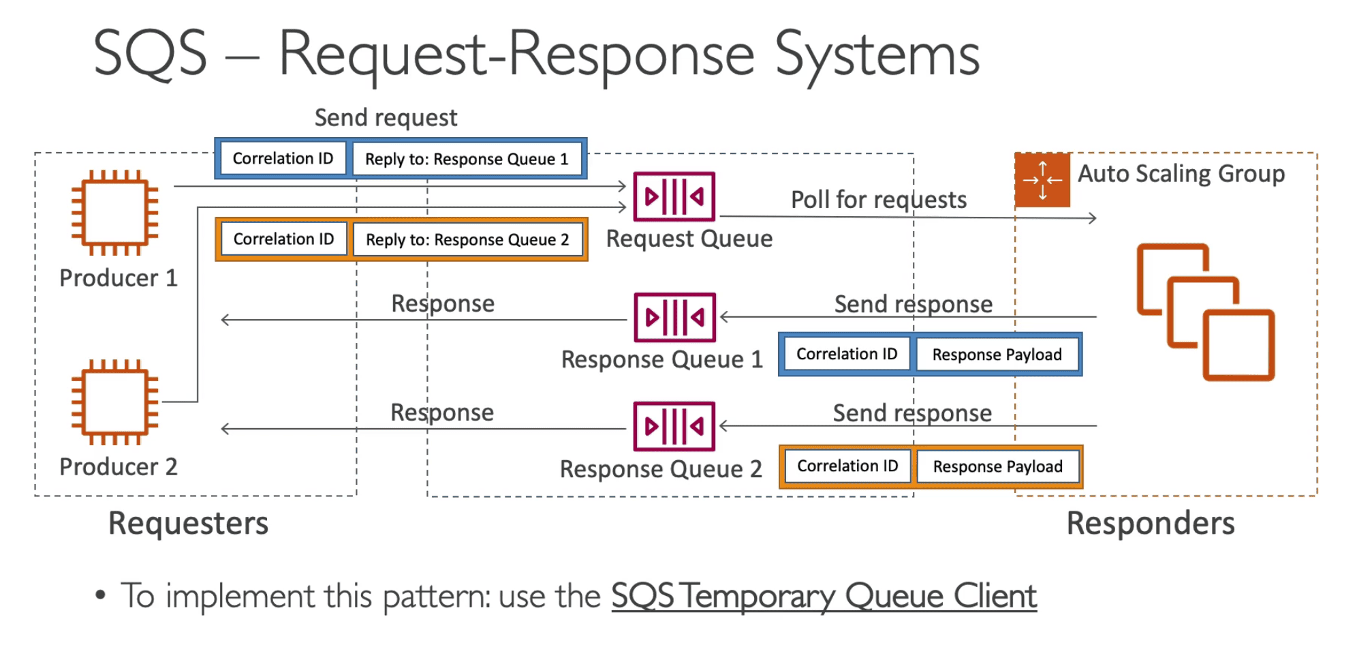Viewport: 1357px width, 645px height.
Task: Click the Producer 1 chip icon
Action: [114, 213]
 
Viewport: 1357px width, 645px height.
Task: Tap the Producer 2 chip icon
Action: [114, 402]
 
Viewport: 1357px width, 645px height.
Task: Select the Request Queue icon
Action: [674, 197]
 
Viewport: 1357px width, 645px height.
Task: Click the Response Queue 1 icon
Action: [674, 317]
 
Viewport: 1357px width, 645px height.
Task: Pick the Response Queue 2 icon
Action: [674, 426]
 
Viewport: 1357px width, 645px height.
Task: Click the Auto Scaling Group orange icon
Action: [1042, 180]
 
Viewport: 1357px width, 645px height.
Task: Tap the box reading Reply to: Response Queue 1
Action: [467, 159]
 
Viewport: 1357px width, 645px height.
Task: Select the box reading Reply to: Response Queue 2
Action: [467, 239]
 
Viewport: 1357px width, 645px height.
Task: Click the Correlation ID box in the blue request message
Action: [283, 158]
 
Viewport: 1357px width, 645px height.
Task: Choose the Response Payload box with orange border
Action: [997, 466]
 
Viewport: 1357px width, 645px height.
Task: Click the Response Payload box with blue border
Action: [997, 355]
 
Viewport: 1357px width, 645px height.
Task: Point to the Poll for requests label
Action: [878, 200]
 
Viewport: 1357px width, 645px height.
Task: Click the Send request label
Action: [386, 118]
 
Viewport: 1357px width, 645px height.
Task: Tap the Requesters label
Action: [188, 524]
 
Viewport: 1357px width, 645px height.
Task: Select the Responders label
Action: [1150, 524]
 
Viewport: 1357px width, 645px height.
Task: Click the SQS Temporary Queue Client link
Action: [824, 597]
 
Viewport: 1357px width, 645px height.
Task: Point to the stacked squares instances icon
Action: [1205, 312]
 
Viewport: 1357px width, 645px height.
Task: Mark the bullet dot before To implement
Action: [101, 595]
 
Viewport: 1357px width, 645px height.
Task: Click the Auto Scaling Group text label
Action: [1181, 174]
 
